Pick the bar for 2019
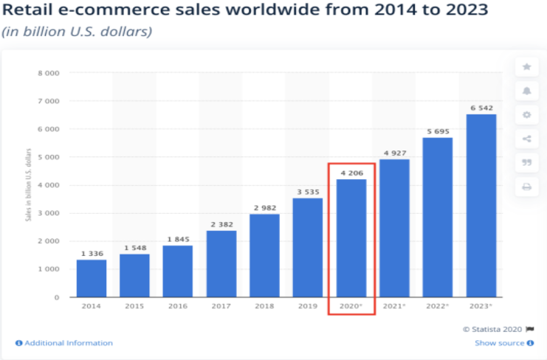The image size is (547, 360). pos(308,247)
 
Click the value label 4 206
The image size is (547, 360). pos(351,173)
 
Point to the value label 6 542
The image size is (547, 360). pos(481,108)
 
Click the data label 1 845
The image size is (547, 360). pos(178,239)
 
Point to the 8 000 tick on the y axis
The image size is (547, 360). pos(49,72)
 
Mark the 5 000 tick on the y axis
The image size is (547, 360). pos(49,156)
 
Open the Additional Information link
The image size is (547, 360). pos(64,343)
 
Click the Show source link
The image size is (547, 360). pos(499,343)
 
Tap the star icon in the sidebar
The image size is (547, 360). pos(526,67)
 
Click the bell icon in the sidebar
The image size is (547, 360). pos(526,91)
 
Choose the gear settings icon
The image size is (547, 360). pos(526,115)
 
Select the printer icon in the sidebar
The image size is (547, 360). pos(526,187)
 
